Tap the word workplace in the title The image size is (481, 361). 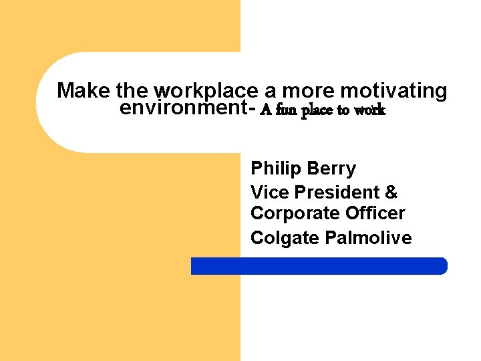tap(205, 91)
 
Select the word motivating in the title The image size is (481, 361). tap(393, 91)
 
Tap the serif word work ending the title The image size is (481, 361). tap(369, 110)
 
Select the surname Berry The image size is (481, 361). tap(331, 169)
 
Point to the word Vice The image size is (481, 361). tap(270, 193)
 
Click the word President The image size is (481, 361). tap(337, 193)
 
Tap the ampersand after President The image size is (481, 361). tap(391, 193)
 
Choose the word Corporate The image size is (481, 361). tap(295, 214)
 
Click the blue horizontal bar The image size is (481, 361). tap(319, 266)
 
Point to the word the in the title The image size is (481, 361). tap(132, 91)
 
